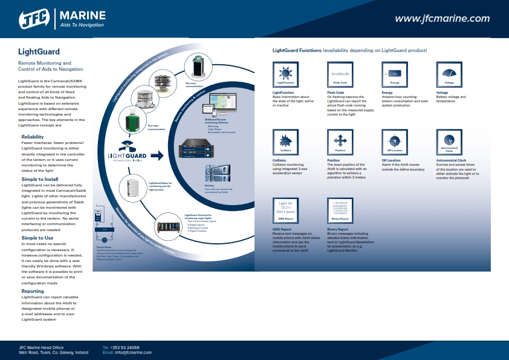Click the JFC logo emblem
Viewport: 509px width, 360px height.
pyautogui.click(x=36, y=18)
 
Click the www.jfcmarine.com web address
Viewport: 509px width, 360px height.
pyautogui.click(x=442, y=19)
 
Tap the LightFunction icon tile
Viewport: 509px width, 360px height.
pyautogui.click(x=285, y=74)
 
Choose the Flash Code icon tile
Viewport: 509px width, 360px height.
pyautogui.click(x=340, y=74)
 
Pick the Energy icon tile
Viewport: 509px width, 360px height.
pyautogui.click(x=395, y=74)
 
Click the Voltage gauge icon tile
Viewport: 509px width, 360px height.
pyautogui.click(x=449, y=74)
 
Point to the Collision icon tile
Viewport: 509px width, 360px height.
pyautogui.click(x=285, y=142)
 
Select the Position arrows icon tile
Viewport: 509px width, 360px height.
pyautogui.click(x=340, y=142)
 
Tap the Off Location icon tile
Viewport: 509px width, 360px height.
pyautogui.click(x=395, y=142)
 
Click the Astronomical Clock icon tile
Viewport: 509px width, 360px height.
pyautogui.click(x=449, y=142)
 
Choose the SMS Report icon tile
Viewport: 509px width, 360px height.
pyautogui.click(x=285, y=210)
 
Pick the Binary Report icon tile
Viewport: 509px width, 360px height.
pyautogui.click(x=340, y=210)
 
